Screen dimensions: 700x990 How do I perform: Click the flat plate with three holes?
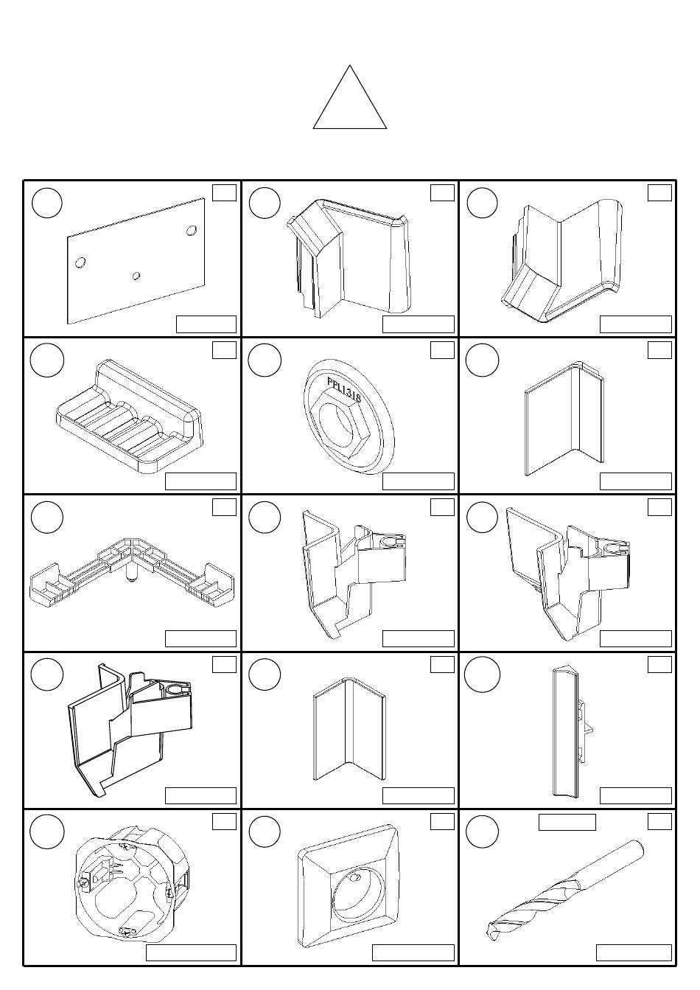pos(136,261)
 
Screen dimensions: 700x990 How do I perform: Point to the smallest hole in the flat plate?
pos(137,276)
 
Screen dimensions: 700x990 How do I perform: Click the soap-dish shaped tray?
pos(129,416)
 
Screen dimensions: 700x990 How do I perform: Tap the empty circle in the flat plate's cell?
pos(47,203)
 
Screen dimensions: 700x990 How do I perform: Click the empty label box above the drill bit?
pos(567,822)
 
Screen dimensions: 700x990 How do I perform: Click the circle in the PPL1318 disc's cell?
pos(265,360)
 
